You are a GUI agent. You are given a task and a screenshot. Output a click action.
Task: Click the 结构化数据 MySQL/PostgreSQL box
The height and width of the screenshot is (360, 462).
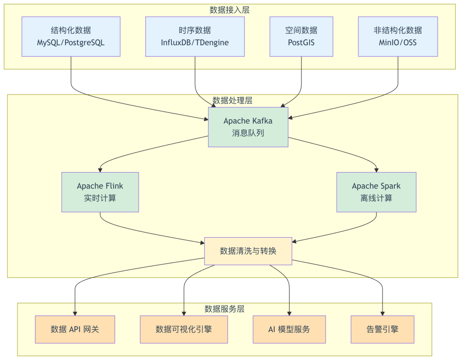click(x=71, y=36)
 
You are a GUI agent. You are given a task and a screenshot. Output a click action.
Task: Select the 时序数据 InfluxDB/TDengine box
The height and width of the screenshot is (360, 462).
click(x=195, y=36)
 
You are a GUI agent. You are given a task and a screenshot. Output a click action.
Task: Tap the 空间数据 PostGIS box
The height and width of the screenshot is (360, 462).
click(x=302, y=36)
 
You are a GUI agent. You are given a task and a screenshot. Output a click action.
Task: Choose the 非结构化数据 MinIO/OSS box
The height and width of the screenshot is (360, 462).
click(x=398, y=36)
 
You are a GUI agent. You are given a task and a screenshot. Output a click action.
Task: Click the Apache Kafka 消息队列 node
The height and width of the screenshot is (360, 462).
click(x=248, y=127)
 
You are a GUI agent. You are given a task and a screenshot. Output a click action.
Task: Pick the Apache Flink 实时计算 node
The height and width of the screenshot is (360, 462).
click(x=100, y=192)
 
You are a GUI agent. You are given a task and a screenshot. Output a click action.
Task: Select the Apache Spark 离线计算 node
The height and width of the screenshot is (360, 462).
click(x=376, y=192)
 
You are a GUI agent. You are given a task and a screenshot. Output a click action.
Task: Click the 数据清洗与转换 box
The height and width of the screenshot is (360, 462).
click(x=248, y=251)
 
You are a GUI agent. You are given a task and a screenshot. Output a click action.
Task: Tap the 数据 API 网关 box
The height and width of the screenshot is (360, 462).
click(x=75, y=329)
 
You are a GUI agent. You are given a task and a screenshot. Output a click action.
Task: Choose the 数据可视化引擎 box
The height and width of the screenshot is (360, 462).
click(x=184, y=329)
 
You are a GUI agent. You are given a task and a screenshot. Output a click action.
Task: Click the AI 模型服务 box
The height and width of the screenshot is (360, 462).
click(x=289, y=329)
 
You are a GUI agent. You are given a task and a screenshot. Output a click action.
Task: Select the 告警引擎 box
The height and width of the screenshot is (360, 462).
click(x=382, y=329)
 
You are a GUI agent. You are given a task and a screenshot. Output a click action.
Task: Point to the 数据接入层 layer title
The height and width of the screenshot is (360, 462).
click(x=230, y=10)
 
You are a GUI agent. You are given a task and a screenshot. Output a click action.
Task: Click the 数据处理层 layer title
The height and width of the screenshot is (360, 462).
click(x=232, y=100)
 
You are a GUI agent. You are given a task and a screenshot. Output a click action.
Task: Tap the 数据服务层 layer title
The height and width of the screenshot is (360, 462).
click(x=225, y=309)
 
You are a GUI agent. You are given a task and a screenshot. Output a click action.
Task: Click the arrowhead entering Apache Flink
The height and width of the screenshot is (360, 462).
click(x=100, y=170)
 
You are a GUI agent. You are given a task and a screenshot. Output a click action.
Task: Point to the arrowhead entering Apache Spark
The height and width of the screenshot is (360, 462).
click(x=376, y=170)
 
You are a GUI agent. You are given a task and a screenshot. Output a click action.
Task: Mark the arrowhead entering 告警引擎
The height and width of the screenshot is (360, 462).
click(x=382, y=314)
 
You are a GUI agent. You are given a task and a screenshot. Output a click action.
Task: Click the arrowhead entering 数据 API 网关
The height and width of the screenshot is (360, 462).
click(x=75, y=314)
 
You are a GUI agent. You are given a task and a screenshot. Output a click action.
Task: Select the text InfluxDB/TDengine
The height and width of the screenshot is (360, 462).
click(x=195, y=43)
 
